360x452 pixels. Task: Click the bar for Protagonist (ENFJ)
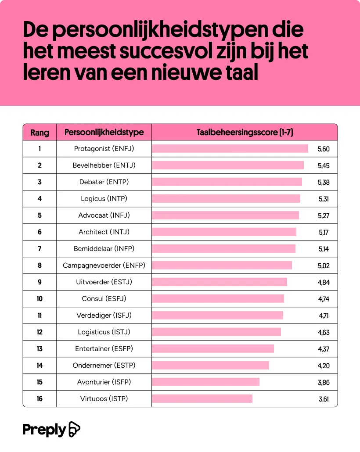coord(230,149)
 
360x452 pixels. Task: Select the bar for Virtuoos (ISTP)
coord(202,399)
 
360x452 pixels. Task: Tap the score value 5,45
coord(324,166)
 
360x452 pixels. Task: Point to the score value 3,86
coord(324,382)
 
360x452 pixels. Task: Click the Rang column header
coord(40,132)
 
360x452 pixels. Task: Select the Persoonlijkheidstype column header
coord(104,132)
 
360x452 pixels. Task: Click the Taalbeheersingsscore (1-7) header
coord(245,132)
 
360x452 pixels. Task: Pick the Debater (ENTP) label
coord(104,182)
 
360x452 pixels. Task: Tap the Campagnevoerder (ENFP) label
coord(104,265)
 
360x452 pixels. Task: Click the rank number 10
coord(40,299)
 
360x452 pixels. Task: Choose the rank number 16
coord(40,399)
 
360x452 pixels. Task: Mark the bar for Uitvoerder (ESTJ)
coord(220,282)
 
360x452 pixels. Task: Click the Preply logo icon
coord(75,430)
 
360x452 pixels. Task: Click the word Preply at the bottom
coord(44,430)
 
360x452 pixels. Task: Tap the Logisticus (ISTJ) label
coord(104,332)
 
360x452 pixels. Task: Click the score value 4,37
coord(324,349)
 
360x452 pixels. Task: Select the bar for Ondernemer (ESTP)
coord(210,366)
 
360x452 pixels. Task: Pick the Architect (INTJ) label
coord(104,232)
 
